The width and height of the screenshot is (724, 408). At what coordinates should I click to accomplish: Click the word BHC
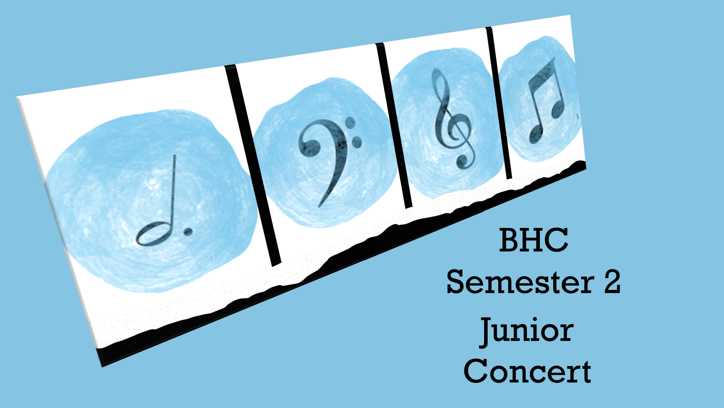tap(534, 240)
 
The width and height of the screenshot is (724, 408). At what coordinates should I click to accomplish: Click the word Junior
tap(527, 331)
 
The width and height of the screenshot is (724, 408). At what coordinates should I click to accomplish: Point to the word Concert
tap(527, 371)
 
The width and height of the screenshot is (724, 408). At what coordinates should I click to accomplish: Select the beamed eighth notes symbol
tap(545, 101)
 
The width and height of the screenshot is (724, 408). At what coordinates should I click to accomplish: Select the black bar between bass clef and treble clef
tap(393, 125)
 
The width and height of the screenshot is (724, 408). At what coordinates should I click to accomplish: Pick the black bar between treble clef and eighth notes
tap(499, 103)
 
